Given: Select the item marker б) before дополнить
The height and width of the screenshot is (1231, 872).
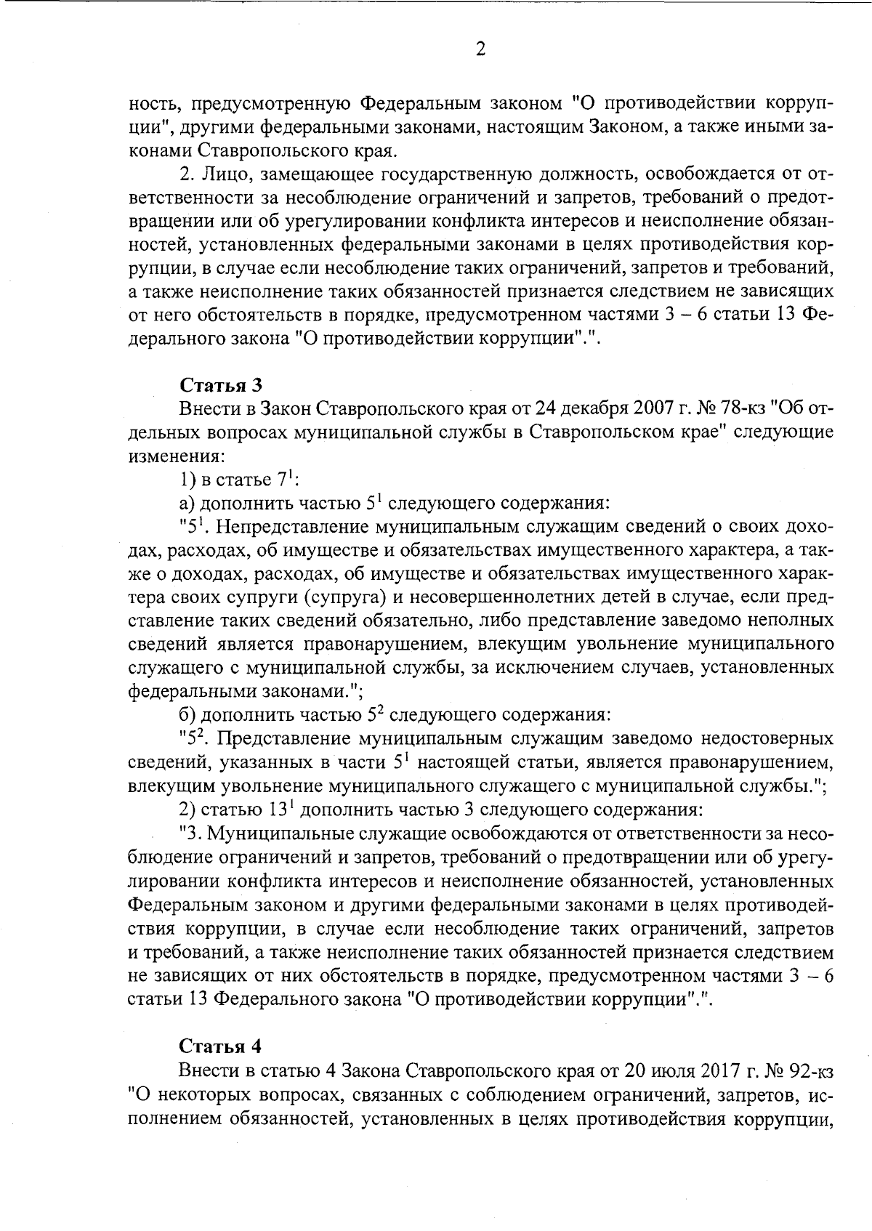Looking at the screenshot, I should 188,716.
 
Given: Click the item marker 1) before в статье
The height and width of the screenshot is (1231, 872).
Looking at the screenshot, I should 188,480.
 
